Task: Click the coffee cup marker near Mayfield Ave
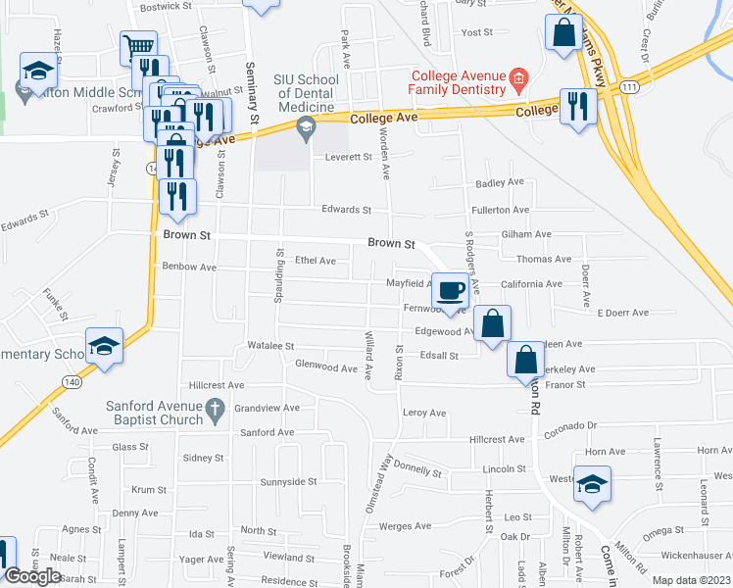(x=450, y=291)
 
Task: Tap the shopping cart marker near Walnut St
(x=139, y=48)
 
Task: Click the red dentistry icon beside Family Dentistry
(x=518, y=77)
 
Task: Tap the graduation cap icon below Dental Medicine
(x=307, y=125)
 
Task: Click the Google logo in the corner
(x=32, y=576)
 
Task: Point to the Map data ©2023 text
(x=690, y=580)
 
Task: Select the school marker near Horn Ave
(x=592, y=484)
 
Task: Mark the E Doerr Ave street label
(x=622, y=313)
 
